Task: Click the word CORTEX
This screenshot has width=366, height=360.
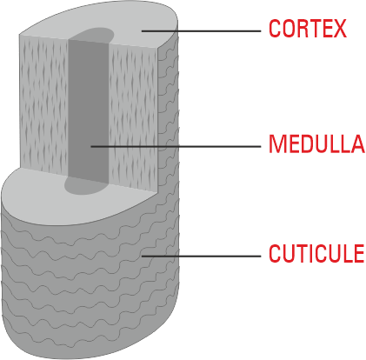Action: click(x=308, y=29)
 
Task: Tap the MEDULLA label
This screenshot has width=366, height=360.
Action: click(x=317, y=143)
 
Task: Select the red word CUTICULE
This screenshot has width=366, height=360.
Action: click(x=316, y=253)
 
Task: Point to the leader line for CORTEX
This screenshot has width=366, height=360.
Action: click(x=201, y=31)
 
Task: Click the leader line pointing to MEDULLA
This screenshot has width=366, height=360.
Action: click(x=176, y=146)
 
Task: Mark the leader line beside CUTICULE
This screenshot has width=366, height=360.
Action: click(x=201, y=257)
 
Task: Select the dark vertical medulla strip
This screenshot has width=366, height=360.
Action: click(x=89, y=111)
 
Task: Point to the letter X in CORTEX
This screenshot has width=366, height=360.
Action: click(x=340, y=29)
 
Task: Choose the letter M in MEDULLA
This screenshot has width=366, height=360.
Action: click(x=276, y=143)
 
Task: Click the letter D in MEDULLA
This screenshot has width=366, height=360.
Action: click(x=306, y=143)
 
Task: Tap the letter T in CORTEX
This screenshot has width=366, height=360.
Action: click(x=315, y=29)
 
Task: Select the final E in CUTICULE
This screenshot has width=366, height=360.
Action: click(x=359, y=253)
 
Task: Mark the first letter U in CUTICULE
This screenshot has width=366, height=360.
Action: click(x=289, y=253)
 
